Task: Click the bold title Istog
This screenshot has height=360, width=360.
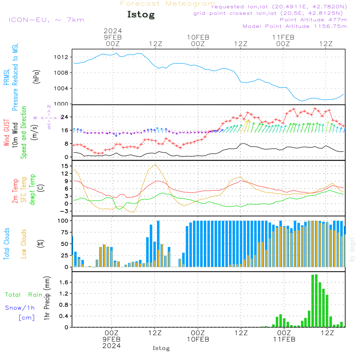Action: tap(141, 15)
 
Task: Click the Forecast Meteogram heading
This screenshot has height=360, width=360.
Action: tap(168, 4)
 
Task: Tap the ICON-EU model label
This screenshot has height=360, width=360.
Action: tap(46, 19)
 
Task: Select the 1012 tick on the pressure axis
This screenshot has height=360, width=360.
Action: tap(62, 57)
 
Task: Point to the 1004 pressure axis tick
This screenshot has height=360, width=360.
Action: tap(62, 89)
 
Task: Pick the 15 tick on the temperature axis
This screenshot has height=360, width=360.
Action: tap(65, 166)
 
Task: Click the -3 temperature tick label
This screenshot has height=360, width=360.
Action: tap(64, 211)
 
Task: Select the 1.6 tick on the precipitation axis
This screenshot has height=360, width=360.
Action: tap(64, 283)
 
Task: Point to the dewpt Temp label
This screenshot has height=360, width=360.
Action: tap(32, 190)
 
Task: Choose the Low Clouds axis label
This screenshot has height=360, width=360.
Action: tap(24, 243)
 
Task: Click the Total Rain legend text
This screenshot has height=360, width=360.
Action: tap(24, 295)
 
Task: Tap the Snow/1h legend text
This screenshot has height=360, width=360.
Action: tap(20, 308)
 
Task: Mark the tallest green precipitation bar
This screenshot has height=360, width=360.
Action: tap(316, 301)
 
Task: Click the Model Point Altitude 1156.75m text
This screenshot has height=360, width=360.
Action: tap(295, 26)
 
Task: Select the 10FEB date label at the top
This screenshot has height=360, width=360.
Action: tap(198, 37)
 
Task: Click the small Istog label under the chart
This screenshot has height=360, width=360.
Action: tap(161, 348)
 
